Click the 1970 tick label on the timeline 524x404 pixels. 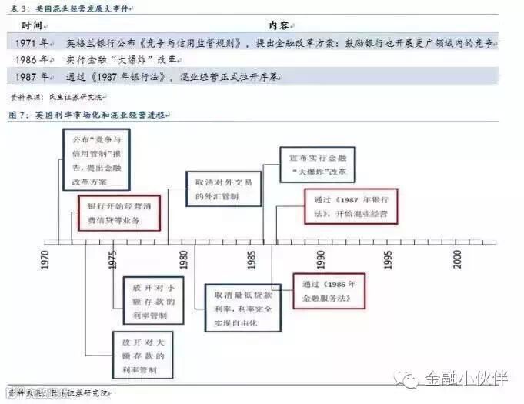pyautogui.click(x=45, y=259)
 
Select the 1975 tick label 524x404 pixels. pyautogui.click(x=114, y=259)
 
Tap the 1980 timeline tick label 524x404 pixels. pyautogui.click(x=183, y=259)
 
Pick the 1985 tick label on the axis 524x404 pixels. pyautogui.click(x=252, y=259)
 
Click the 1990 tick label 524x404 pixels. pyautogui.click(x=321, y=259)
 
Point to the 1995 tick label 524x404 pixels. pyautogui.click(x=390, y=259)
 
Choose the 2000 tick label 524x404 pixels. pyautogui.click(x=459, y=259)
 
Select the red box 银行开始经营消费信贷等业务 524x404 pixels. pyautogui.click(x=119, y=213)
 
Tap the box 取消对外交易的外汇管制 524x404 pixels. pyautogui.click(x=217, y=189)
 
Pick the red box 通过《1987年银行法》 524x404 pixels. pyautogui.click(x=351, y=205)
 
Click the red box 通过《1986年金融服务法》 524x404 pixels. pyautogui.click(x=328, y=289)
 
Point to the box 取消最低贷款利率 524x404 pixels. pyautogui.click(x=238, y=307)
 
